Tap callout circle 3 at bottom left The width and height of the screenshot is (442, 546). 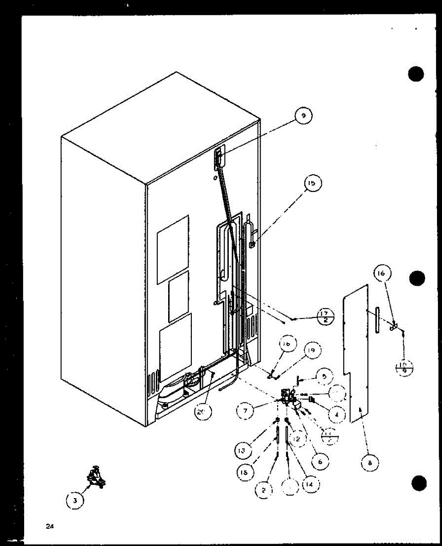click(x=75, y=501)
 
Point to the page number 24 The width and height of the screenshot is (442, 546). click(x=49, y=526)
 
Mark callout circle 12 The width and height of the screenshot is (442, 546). click(x=297, y=439)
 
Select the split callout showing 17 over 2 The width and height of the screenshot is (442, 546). click(x=324, y=317)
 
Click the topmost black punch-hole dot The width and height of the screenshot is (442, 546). click(x=416, y=74)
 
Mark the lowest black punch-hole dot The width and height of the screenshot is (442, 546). click(x=418, y=482)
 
